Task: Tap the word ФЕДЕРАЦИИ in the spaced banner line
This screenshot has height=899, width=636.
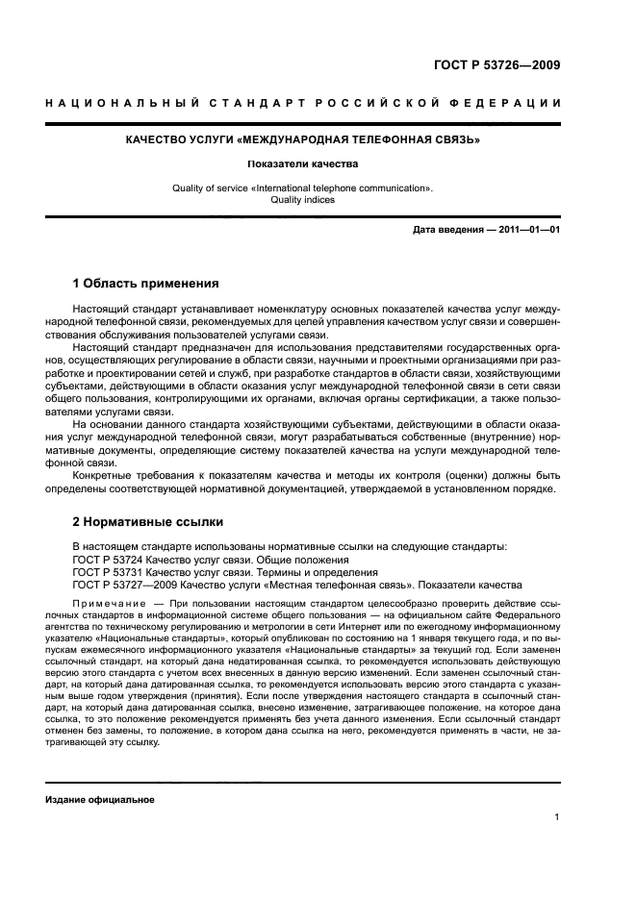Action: (515, 103)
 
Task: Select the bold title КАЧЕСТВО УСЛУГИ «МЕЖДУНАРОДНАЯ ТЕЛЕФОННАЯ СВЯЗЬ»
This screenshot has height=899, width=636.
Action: (304, 140)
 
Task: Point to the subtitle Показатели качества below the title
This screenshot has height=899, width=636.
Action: (304, 164)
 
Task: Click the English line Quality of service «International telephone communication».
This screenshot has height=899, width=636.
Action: (304, 188)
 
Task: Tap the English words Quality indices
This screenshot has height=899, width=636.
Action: (304, 201)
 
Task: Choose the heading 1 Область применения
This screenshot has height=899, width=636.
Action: (146, 284)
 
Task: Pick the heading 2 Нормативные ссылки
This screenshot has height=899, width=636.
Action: (148, 522)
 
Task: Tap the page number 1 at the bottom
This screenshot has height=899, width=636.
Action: (557, 817)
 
